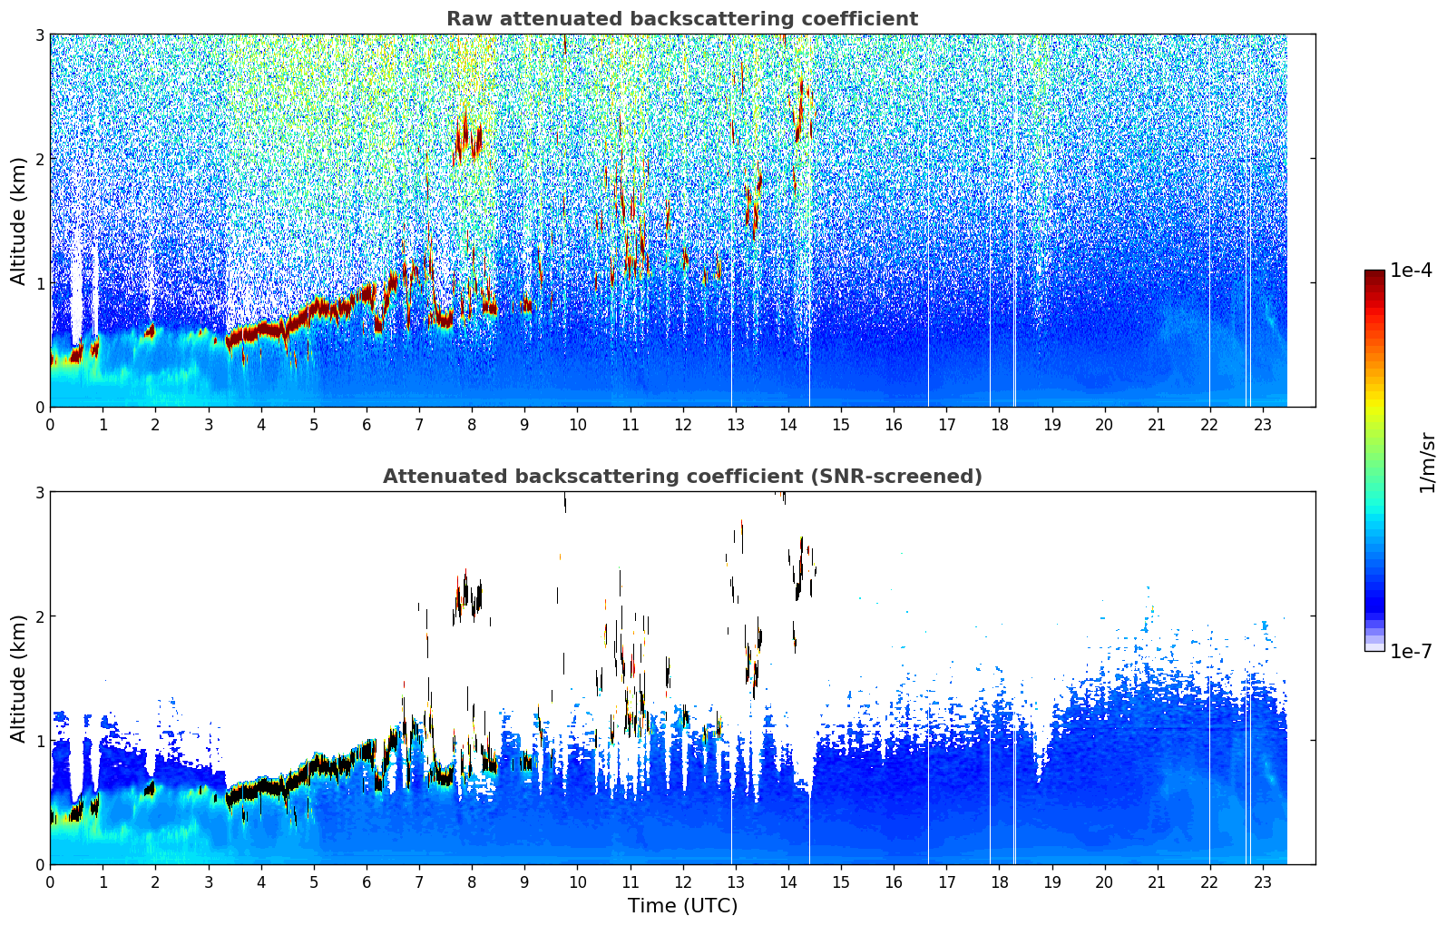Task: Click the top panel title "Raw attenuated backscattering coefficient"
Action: point(682,19)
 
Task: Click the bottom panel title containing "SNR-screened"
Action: point(682,476)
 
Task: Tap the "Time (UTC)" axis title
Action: point(682,905)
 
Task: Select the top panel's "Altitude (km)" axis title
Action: point(18,222)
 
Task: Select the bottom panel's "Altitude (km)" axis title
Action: point(18,678)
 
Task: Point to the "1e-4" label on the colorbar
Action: point(1411,271)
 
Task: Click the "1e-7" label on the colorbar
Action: point(1411,651)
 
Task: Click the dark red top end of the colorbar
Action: point(1374,273)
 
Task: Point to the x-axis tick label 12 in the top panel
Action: point(683,425)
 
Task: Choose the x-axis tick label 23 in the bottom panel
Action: point(1262,882)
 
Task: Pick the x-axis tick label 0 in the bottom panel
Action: point(51,882)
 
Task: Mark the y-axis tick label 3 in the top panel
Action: point(39,34)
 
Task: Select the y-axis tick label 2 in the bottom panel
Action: point(39,616)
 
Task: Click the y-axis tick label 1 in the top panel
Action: point(39,283)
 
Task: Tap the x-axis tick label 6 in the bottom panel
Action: point(367,882)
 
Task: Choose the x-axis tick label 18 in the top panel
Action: point(1000,425)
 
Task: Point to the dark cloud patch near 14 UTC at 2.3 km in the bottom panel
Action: point(802,569)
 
